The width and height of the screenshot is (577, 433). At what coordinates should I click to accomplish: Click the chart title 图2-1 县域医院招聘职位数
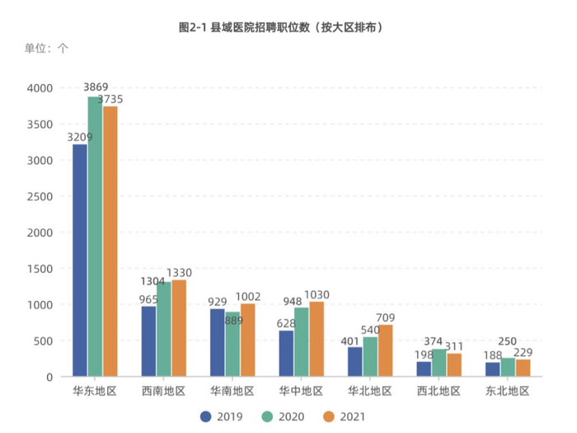tap(281, 27)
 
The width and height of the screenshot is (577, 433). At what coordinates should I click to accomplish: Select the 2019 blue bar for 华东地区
tap(80, 261)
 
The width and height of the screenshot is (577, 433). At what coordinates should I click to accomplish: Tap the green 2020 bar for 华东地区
tap(95, 237)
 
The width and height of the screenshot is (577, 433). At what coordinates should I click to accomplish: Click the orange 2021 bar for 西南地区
tap(179, 328)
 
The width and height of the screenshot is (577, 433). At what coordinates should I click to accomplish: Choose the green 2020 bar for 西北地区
tap(439, 363)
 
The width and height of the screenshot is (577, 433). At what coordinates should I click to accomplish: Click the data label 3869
tap(96, 87)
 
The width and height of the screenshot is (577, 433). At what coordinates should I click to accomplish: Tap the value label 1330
tap(180, 273)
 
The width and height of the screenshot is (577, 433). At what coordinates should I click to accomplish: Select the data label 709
tap(386, 318)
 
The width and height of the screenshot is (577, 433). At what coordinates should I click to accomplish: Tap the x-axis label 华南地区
tap(232, 390)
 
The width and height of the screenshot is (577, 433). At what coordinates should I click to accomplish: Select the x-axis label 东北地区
tap(507, 390)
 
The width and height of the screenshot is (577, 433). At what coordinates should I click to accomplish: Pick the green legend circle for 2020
tap(266, 417)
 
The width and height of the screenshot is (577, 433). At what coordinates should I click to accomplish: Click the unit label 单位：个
tap(47, 49)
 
